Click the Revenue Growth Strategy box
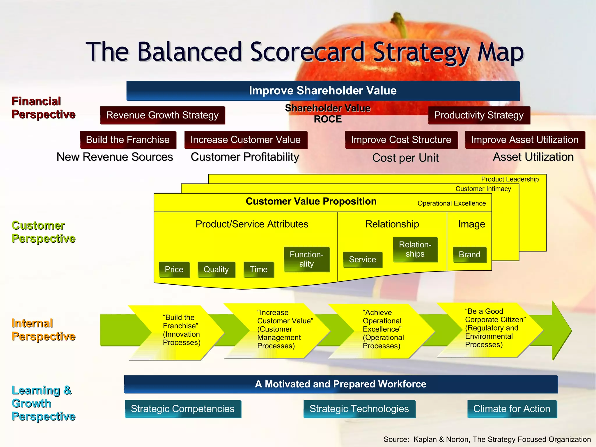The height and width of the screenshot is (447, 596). point(162,115)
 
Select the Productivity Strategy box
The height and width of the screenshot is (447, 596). point(479,115)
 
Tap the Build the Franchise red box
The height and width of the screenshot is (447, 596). point(128,140)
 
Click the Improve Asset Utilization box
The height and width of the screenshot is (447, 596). point(525,140)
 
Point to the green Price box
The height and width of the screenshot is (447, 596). point(174,269)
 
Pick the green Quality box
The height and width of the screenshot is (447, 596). point(216,269)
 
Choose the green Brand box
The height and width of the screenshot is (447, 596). point(469,255)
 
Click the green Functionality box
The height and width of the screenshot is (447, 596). point(306,259)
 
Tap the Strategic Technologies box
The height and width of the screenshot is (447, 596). point(359,409)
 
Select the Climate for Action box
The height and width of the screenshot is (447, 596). point(512,409)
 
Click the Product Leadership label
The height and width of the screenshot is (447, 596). point(510,179)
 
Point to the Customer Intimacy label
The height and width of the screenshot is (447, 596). point(483,189)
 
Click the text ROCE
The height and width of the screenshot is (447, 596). point(328,119)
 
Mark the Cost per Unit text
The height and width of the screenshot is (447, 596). point(405,158)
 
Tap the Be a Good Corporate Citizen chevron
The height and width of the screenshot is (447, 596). point(492,329)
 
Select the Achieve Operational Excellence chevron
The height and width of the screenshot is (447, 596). point(383,329)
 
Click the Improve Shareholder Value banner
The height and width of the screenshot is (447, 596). point(323,91)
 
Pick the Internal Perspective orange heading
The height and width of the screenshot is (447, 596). point(43,330)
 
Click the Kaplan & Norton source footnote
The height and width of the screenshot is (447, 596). point(487,439)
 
